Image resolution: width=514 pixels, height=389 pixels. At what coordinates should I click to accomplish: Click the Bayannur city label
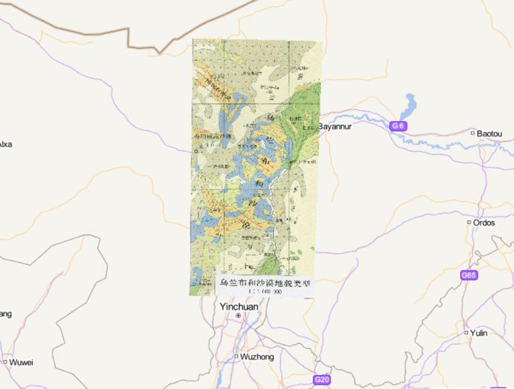click(335, 126)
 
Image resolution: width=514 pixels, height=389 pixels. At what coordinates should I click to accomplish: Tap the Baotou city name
click(489, 134)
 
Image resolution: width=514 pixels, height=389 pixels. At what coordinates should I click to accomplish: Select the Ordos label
click(484, 222)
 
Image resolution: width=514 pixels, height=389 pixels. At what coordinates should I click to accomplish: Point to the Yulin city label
click(479, 333)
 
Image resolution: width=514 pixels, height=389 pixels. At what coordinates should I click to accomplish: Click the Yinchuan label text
click(239, 307)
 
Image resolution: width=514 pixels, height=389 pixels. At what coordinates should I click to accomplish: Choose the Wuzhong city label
click(256, 357)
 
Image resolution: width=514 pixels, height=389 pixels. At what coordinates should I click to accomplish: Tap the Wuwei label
click(21, 362)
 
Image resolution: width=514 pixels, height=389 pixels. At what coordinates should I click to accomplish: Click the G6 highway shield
click(398, 126)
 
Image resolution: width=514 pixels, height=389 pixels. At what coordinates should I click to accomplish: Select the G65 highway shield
click(469, 275)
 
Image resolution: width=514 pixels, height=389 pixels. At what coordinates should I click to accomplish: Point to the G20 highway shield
click(322, 380)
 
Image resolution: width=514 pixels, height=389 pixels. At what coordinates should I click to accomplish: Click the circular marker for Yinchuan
click(238, 315)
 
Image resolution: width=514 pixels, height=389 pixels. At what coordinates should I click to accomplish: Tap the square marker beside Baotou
click(473, 134)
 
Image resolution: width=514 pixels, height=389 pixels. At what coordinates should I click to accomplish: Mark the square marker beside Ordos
click(468, 222)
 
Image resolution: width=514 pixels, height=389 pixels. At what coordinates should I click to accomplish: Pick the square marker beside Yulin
click(466, 333)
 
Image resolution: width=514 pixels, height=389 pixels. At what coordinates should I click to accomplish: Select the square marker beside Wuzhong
click(236, 356)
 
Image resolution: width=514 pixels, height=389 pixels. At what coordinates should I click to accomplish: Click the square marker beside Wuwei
click(5, 362)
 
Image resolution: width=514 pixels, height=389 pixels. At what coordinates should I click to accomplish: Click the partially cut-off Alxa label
click(5, 144)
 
